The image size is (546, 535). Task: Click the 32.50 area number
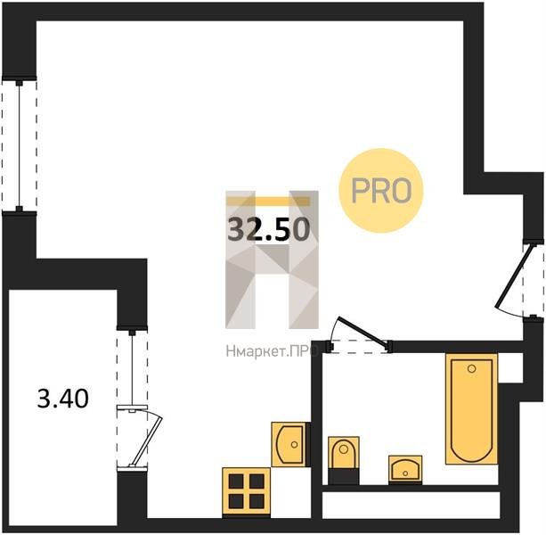coord(268,228)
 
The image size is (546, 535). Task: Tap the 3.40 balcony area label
coord(63,399)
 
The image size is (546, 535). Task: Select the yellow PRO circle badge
coord(381,190)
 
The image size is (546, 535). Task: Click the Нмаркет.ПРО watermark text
coord(272,351)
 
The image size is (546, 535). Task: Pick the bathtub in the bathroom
coord(471,408)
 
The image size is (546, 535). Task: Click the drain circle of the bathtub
coord(472,368)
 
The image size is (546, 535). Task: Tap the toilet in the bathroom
coord(344,453)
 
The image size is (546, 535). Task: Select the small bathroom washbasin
coord(405,469)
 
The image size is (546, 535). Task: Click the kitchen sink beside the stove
coord(289,444)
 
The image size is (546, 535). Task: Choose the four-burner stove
coord(246,491)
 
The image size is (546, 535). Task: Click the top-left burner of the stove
coord(236,481)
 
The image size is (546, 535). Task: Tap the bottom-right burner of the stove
coord(257,501)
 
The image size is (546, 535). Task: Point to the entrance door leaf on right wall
coord(515,276)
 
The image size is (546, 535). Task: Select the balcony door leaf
coord(146,440)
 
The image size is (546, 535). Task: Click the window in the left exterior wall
coord(20,145)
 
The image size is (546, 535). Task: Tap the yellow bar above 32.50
coord(268,202)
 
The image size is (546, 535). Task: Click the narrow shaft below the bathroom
coord(412,505)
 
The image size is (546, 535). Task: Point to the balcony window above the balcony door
coord(132,367)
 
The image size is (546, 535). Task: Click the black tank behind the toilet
coord(344,477)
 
